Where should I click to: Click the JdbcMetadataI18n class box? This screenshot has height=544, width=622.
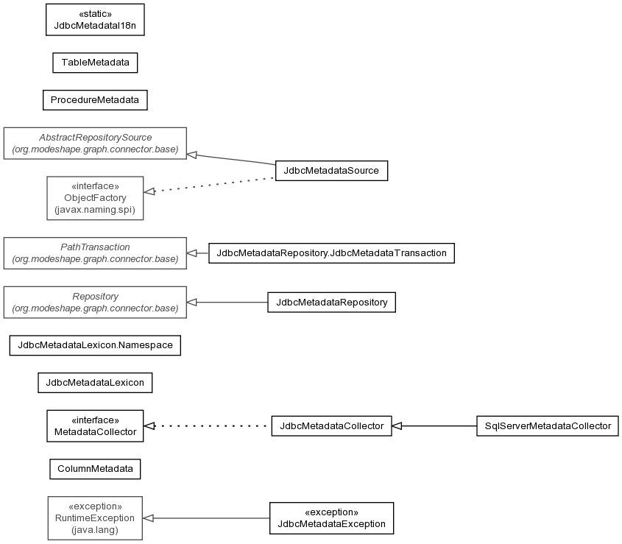pos(95,20)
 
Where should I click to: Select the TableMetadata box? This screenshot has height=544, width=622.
pos(95,63)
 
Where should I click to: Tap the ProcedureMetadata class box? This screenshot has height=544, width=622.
pos(95,100)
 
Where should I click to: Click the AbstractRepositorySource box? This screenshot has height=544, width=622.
pos(95,144)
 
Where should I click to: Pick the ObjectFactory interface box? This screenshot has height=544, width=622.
pos(95,198)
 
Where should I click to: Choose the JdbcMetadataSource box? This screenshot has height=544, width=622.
pos(332,171)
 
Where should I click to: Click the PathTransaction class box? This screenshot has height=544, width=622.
pos(95,253)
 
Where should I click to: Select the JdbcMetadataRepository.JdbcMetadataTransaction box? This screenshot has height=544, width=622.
pos(332,253)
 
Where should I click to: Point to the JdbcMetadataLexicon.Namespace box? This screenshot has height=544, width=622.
pos(95,345)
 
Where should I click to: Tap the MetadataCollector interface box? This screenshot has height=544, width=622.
pos(95,426)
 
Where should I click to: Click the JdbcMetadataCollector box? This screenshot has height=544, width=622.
pos(332,426)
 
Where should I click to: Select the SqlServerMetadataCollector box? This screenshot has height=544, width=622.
pos(548,426)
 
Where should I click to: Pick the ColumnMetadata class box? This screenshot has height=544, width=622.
pos(95,469)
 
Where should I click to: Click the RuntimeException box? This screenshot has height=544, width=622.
pos(95,518)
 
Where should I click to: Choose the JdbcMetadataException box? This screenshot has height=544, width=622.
pos(332,518)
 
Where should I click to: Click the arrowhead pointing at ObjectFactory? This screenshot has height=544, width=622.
pos(149,191)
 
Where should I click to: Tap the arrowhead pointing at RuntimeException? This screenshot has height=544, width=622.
pos(148,518)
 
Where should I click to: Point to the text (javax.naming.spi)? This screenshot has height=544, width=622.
pos(95,210)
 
